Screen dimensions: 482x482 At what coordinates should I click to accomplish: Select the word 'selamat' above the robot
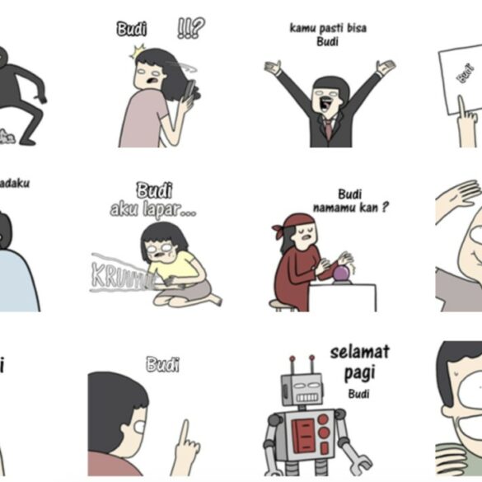[359, 353]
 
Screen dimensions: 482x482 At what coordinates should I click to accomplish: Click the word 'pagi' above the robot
[358, 373]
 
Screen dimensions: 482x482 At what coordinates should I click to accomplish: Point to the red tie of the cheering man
[329, 128]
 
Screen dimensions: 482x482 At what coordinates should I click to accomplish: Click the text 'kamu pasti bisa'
[328, 28]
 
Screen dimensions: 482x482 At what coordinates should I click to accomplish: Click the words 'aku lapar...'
[153, 210]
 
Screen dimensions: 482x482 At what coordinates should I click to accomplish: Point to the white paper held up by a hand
[461, 78]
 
